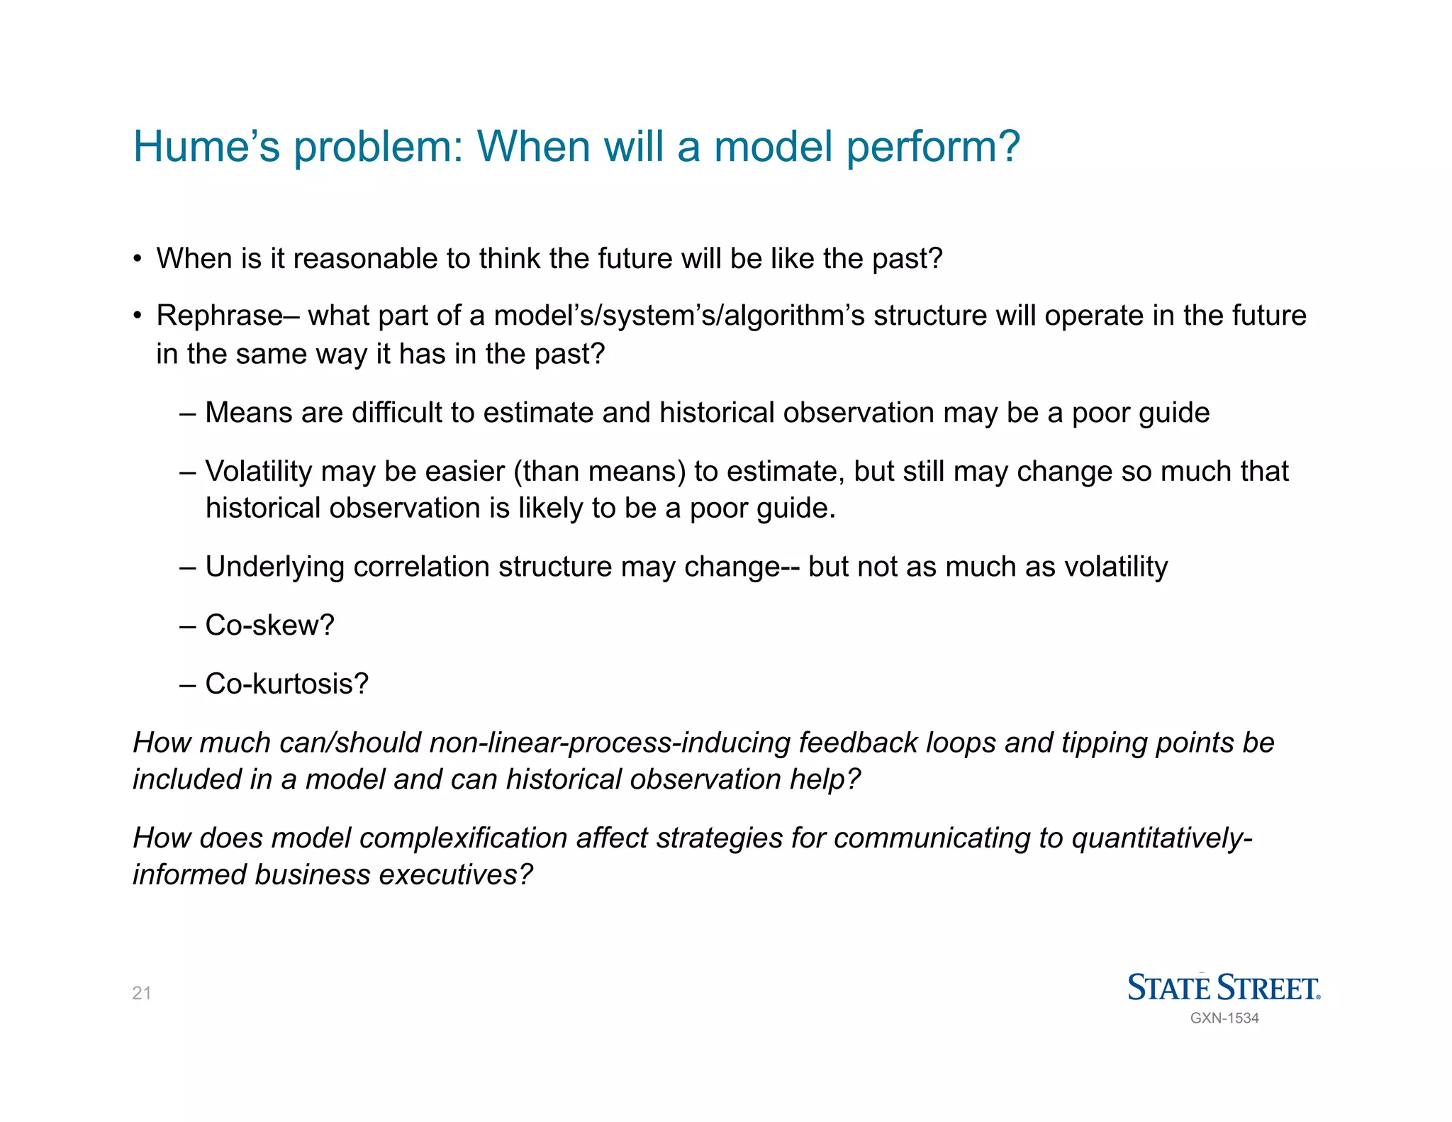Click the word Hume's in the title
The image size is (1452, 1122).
206,147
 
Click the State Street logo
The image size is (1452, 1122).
1224,987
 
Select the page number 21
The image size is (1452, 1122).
142,993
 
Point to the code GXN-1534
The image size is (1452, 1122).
1224,1018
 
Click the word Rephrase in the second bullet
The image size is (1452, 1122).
219,316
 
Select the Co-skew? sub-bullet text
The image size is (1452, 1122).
269,626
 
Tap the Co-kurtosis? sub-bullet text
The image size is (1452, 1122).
286,684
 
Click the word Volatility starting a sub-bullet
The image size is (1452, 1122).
258,472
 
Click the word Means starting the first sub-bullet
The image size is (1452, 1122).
248,413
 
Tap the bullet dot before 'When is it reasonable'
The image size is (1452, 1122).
138,259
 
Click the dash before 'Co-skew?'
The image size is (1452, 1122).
187,626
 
